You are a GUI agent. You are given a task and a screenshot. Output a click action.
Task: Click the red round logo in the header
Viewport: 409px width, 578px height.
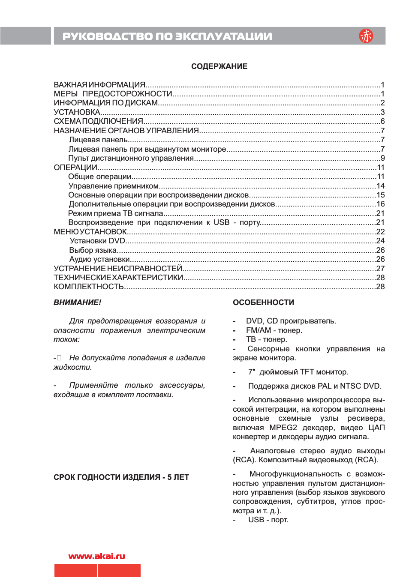pyautogui.click(x=366, y=36)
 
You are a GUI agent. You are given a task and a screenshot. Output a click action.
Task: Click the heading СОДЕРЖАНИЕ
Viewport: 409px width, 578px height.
pyautogui.click(x=219, y=66)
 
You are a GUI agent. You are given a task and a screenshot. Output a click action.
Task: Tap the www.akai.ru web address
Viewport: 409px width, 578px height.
pyautogui.click(x=96, y=556)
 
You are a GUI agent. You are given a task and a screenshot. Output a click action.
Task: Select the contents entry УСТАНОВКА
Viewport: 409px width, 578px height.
pyautogui.click(x=77, y=112)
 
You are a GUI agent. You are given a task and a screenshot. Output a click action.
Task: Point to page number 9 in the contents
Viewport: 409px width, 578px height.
pyautogui.click(x=382, y=158)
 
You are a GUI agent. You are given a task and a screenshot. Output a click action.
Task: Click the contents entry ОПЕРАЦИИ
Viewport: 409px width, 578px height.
pyautogui.click(x=75, y=168)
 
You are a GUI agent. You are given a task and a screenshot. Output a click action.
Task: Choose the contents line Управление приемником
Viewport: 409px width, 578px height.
pyautogui.click(x=114, y=186)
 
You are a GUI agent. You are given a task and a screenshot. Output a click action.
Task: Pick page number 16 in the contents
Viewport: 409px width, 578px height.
pyautogui.click(x=380, y=204)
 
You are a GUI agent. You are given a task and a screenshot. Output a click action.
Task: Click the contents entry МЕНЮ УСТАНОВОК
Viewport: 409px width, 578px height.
pyautogui.click(x=90, y=232)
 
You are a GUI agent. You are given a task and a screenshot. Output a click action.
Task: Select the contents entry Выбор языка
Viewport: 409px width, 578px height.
pyautogui.click(x=93, y=250)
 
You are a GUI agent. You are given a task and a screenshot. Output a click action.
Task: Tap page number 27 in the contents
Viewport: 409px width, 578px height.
pyautogui.click(x=380, y=269)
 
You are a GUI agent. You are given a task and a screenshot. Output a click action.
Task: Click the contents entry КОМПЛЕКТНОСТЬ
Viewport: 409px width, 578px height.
pyautogui.click(x=89, y=287)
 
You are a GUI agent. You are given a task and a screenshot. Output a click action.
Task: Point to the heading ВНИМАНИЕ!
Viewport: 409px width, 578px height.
pyautogui.click(x=78, y=302)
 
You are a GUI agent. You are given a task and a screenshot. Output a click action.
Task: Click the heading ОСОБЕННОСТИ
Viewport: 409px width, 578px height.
pyautogui.click(x=263, y=302)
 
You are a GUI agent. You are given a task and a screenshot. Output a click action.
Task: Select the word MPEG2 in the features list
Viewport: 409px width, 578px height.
pyautogui.click(x=283, y=428)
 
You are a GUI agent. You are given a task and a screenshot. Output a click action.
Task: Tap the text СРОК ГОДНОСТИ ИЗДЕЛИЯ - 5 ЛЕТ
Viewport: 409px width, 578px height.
pyautogui.click(x=121, y=477)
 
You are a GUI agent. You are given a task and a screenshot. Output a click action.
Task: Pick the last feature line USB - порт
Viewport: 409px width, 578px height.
pyautogui.click(x=268, y=520)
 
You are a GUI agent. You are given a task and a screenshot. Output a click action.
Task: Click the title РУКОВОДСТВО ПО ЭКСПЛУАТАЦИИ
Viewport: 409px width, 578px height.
pyautogui.click(x=167, y=36)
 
